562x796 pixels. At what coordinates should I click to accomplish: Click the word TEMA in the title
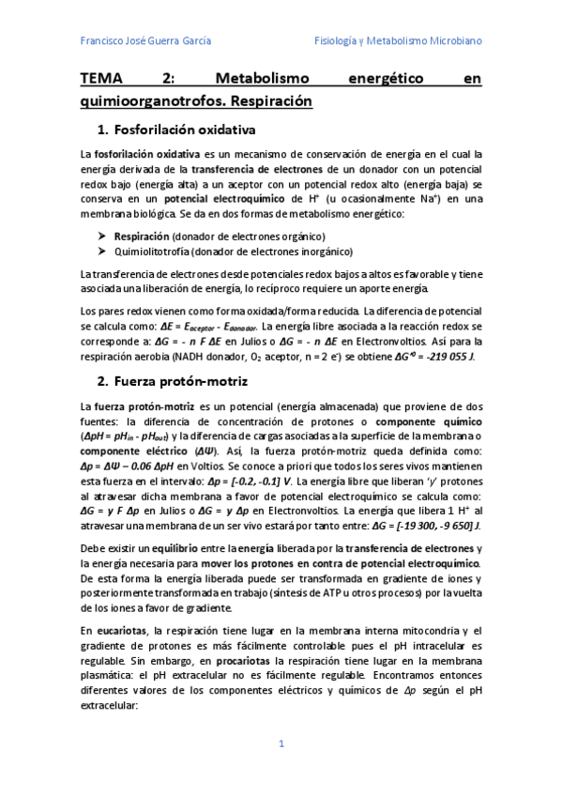106,80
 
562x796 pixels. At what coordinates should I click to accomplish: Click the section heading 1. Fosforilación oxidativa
176,129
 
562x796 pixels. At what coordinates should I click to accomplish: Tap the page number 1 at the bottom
281,743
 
